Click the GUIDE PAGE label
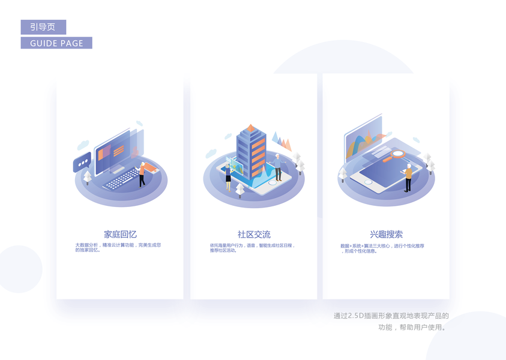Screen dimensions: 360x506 tap(56, 43)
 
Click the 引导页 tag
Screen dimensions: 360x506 tap(43, 27)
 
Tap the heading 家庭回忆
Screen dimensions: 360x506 tap(120, 234)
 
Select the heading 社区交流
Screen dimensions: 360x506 tap(254, 234)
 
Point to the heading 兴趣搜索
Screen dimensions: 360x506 tap(386, 234)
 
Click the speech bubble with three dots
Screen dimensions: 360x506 tap(82, 162)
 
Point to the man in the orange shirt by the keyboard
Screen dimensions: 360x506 tap(142, 174)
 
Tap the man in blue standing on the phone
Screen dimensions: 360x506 tap(278, 167)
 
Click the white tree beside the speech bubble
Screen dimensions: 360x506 tap(88, 177)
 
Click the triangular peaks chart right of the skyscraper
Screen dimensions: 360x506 tap(281, 141)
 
